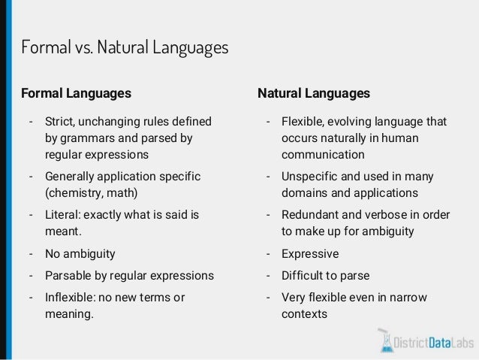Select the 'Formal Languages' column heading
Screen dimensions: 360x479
coord(76,93)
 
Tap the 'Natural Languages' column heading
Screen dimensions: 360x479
coord(314,93)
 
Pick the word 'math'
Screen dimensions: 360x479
coord(124,192)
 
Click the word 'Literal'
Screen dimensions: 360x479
coord(64,214)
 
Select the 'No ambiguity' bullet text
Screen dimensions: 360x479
coord(80,253)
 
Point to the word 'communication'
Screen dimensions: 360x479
coord(323,155)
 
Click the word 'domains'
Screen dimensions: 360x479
coord(304,193)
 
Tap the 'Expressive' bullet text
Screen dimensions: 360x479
coord(310,253)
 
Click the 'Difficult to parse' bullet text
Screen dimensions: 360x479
coord(325,275)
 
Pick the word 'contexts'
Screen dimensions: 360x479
coord(304,313)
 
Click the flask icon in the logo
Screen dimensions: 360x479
coord(387,340)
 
